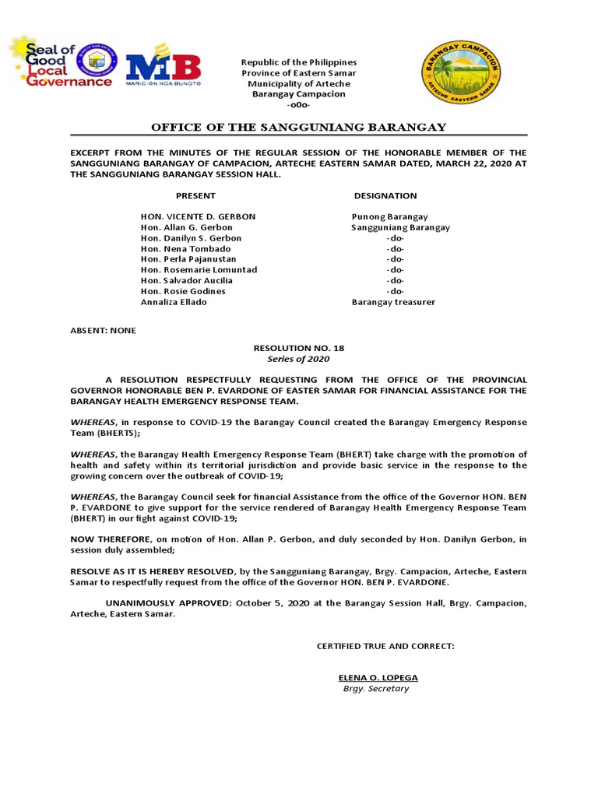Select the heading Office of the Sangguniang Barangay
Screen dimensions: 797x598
point(299,128)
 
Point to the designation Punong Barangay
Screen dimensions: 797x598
point(389,216)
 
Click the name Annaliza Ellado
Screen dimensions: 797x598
point(174,302)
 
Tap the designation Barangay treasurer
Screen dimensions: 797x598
point(393,302)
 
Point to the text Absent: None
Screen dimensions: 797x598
point(103,330)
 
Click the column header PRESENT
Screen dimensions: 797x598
point(195,195)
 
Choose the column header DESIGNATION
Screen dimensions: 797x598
point(385,195)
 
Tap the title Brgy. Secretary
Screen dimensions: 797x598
point(376,689)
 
